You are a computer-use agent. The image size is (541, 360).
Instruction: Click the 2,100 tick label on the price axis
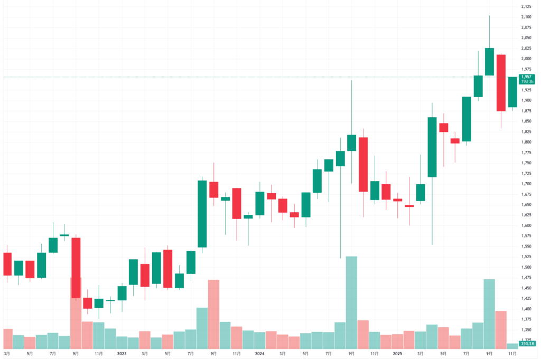(x=526, y=17)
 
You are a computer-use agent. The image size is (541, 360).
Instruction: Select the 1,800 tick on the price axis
(x=526, y=142)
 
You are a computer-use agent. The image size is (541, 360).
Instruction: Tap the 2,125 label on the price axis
(x=526, y=6)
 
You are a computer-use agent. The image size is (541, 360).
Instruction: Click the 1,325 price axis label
(x=526, y=340)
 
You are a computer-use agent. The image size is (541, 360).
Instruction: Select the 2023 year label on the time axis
(x=122, y=353)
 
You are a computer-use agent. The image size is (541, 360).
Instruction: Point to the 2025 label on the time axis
(x=397, y=353)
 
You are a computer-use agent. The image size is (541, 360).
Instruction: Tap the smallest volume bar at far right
(x=512, y=346)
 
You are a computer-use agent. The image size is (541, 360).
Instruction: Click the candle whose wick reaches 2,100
(x=489, y=61)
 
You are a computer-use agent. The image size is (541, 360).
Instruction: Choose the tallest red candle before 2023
(x=76, y=268)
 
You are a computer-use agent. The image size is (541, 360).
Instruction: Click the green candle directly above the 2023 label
(x=122, y=293)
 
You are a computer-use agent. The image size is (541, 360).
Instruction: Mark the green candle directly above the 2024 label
(x=259, y=203)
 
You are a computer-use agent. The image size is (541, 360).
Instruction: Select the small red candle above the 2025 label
(x=397, y=200)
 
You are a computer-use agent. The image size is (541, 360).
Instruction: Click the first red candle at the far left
(x=7, y=264)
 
